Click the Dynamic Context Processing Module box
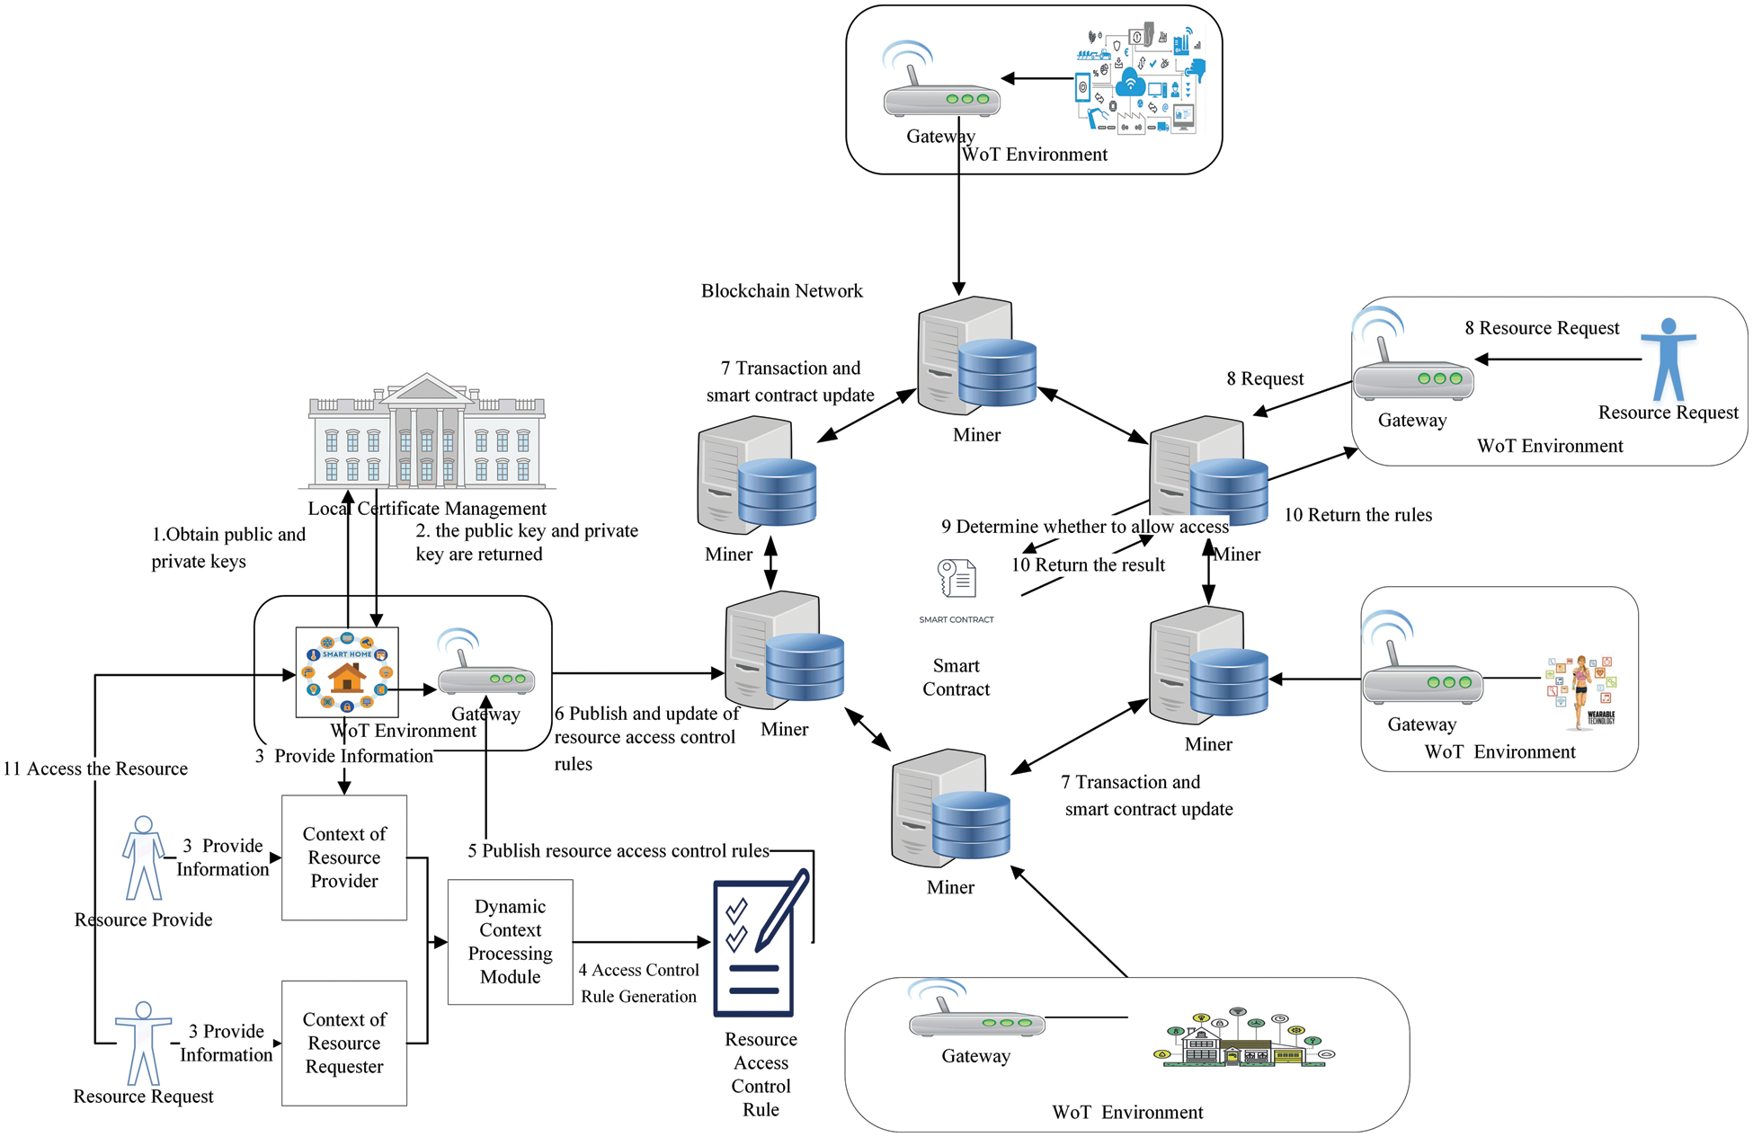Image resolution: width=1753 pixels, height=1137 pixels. click(x=510, y=941)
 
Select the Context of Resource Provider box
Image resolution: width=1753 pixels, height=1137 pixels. click(x=344, y=857)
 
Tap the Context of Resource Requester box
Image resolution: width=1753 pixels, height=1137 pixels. click(x=344, y=1043)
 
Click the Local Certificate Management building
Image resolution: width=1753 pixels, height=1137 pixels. click(x=427, y=433)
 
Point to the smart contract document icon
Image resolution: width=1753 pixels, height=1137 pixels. click(x=957, y=579)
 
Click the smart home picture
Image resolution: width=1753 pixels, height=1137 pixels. click(x=347, y=672)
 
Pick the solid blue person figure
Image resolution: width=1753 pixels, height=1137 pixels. click(x=1668, y=360)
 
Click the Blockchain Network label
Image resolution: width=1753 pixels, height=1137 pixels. click(x=781, y=290)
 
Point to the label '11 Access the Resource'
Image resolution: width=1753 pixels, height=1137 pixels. click(x=95, y=768)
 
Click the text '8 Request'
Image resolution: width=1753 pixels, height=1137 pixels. click(x=1265, y=378)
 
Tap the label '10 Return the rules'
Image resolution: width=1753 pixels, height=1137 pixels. click(x=1357, y=515)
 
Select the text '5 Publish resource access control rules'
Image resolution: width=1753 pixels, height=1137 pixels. click(x=618, y=850)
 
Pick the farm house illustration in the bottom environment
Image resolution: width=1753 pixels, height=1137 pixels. click(x=1243, y=1040)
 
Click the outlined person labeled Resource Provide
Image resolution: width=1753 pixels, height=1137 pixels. click(x=143, y=858)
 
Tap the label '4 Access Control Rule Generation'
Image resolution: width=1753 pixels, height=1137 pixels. click(x=638, y=982)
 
